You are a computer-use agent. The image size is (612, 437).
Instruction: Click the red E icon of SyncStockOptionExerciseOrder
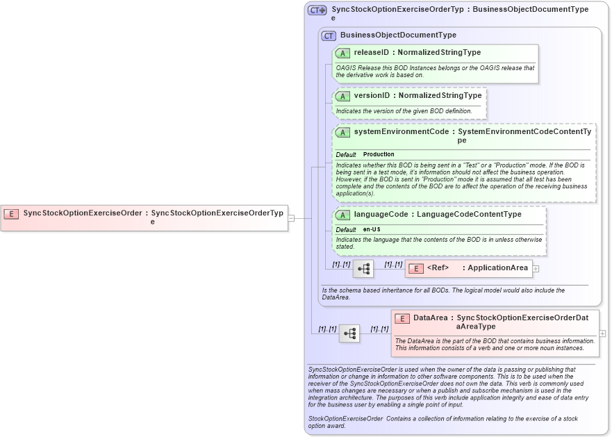[11, 213]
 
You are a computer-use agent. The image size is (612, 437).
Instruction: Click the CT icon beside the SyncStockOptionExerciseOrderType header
[317, 10]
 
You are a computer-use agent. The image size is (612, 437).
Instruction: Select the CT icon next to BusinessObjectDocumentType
[329, 35]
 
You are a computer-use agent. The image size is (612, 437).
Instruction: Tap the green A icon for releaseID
[342, 53]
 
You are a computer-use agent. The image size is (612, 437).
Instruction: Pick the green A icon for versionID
[342, 96]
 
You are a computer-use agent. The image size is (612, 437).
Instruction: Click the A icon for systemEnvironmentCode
[342, 132]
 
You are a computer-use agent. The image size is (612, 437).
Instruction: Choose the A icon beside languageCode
[342, 215]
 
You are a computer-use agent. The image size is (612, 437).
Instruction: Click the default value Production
[379, 154]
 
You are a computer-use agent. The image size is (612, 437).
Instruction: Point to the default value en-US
[372, 230]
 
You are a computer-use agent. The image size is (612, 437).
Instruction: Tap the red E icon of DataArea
[402, 318]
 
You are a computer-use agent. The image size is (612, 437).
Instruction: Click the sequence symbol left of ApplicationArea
[363, 269]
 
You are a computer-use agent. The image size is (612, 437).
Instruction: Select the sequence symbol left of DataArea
[349, 333]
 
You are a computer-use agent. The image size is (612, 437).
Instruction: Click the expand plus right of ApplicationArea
[536, 268]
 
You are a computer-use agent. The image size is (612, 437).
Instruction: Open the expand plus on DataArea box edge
[602, 333]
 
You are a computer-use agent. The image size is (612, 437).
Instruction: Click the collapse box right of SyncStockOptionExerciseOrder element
[291, 217]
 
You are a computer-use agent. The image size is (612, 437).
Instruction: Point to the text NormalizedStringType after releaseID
[439, 53]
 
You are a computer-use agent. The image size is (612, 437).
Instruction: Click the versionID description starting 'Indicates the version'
[404, 111]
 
